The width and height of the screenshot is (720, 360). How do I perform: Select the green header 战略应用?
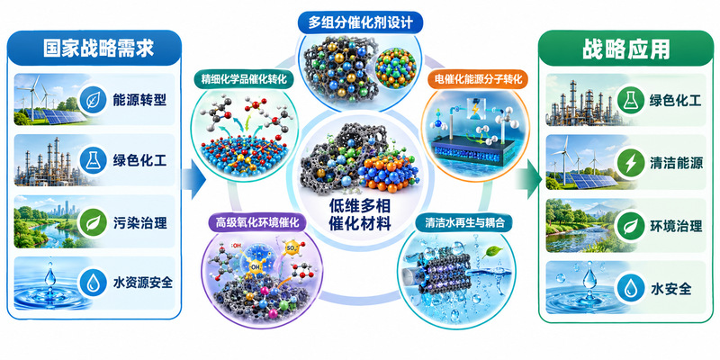(626, 49)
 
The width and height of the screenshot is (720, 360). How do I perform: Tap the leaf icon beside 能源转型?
(94, 100)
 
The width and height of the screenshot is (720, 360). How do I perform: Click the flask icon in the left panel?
(94, 161)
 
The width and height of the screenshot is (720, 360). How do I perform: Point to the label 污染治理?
(140, 223)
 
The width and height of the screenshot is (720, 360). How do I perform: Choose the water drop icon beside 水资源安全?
(94, 283)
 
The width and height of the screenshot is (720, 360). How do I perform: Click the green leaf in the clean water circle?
(492, 251)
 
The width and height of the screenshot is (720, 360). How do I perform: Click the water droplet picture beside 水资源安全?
(49, 283)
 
